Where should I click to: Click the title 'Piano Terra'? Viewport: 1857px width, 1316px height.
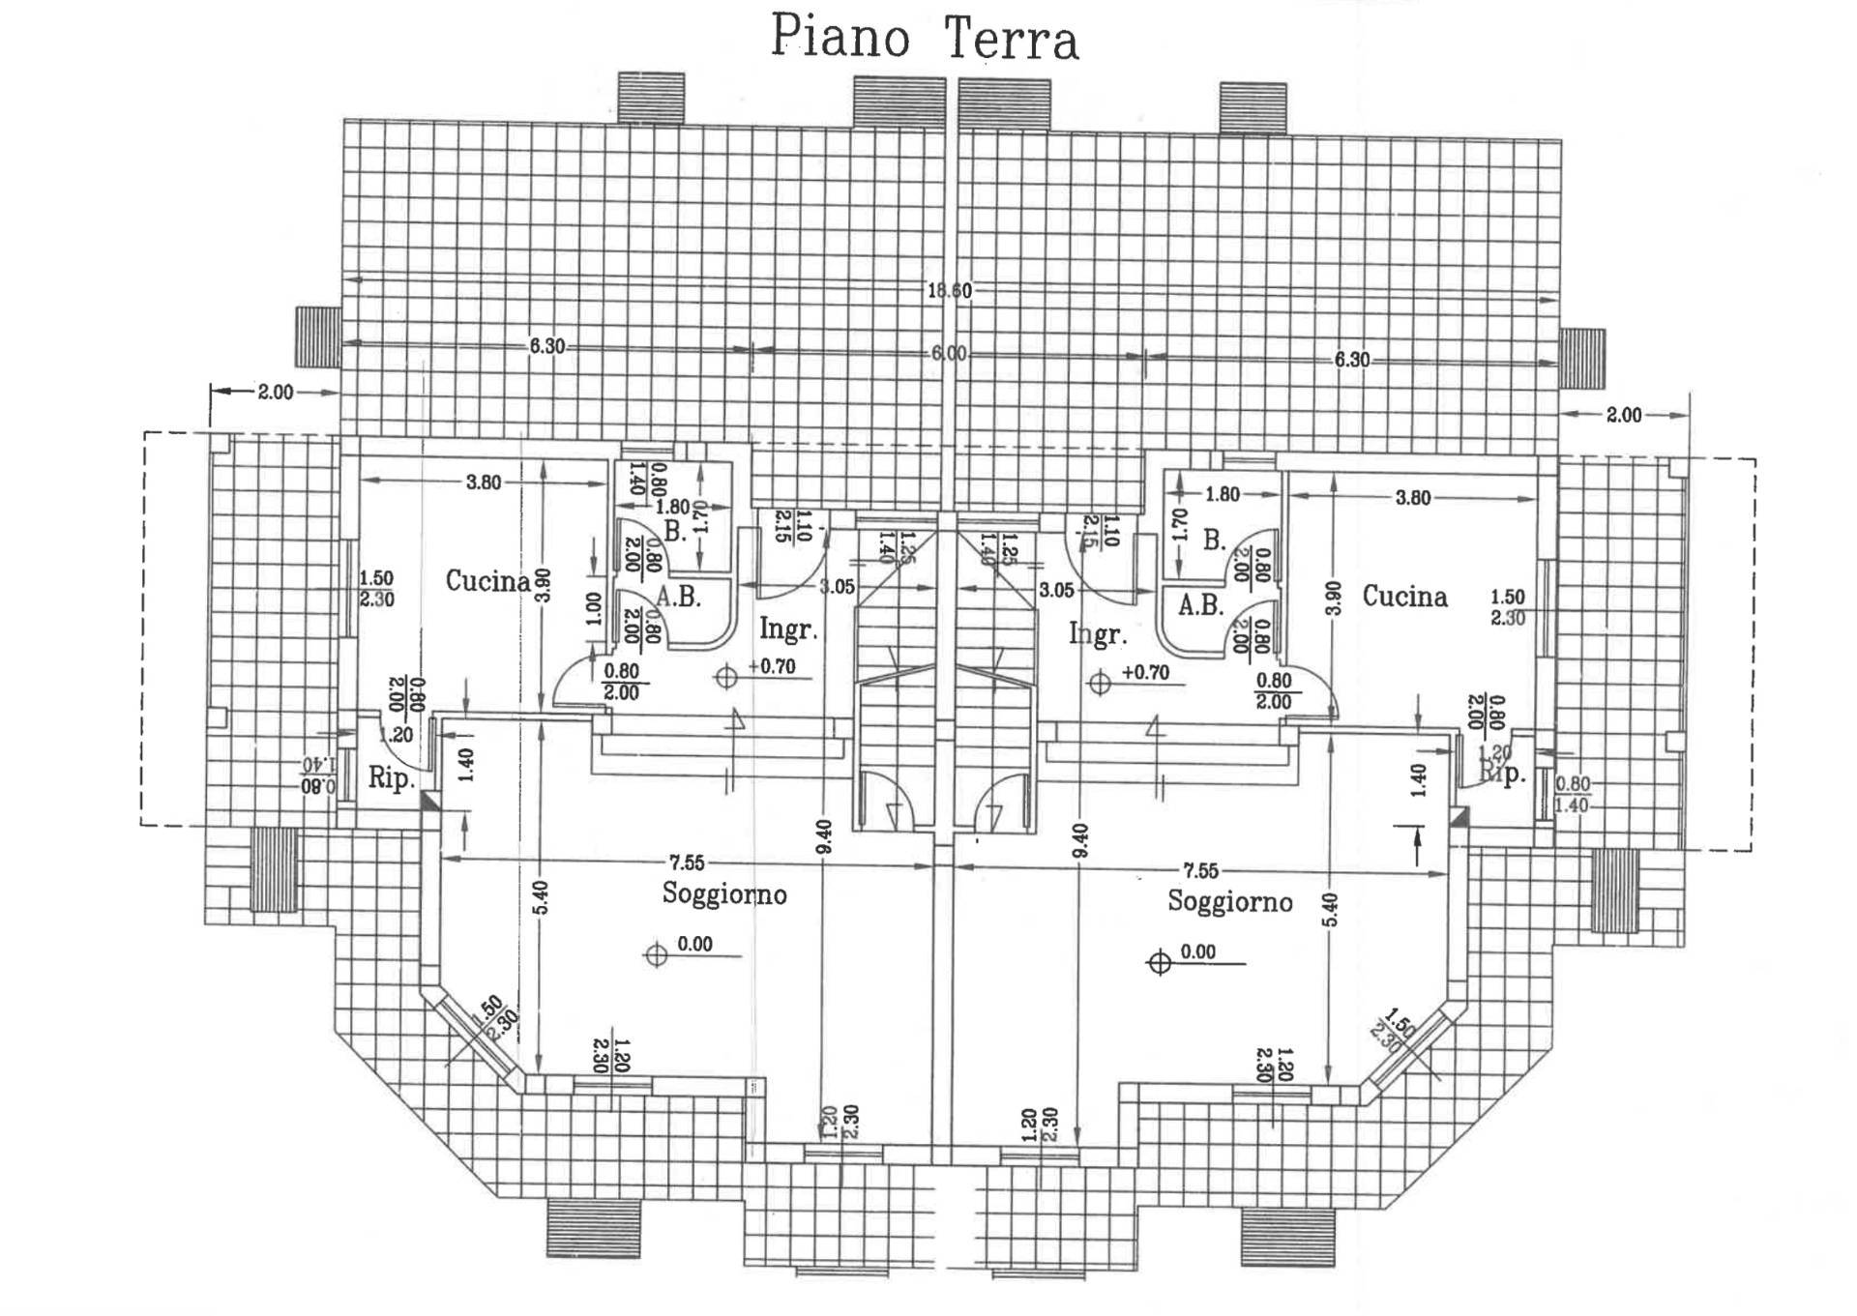point(924,40)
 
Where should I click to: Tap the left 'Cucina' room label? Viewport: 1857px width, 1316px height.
point(487,581)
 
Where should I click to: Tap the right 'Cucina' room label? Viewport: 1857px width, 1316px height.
point(1404,597)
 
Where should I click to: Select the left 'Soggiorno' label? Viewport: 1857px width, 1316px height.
point(724,894)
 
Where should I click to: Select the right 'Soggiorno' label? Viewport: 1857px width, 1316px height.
point(1229,902)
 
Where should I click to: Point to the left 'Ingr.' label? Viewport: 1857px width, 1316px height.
point(788,629)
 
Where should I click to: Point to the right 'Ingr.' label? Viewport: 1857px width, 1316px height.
point(1098,635)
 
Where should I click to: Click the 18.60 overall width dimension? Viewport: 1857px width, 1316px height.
point(949,291)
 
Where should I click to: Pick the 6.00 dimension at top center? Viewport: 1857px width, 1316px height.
point(949,354)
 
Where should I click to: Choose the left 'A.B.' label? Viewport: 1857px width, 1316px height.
point(678,597)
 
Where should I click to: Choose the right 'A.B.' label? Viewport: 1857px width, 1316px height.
point(1200,606)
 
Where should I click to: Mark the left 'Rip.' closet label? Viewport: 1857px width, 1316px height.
point(392,778)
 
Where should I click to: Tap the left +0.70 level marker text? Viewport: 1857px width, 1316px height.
point(772,667)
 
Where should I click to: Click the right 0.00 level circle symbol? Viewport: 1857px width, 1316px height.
point(1159,963)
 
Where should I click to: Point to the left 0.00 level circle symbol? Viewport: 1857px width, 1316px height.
point(657,955)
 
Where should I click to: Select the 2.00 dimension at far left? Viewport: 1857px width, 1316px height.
point(275,393)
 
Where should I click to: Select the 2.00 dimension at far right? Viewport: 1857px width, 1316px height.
point(1624,415)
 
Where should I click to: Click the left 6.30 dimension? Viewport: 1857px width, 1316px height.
point(546,346)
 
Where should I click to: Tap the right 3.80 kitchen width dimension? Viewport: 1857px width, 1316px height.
point(1413,498)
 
